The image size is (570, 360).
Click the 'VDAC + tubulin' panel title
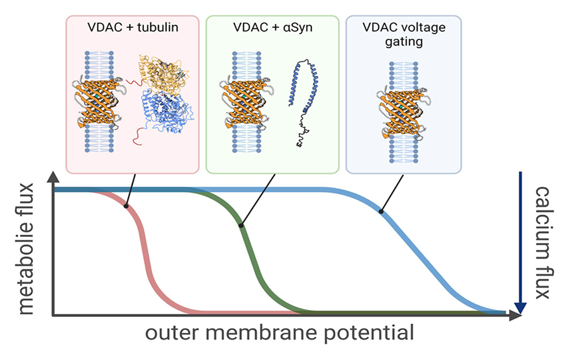tap(132, 27)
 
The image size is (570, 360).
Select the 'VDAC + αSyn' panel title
tap(272, 27)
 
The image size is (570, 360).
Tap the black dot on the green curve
tap(241, 226)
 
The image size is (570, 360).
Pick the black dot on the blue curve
tap(380, 212)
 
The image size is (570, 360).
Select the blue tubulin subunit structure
tap(166, 116)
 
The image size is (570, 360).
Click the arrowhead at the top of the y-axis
tap(53, 177)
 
